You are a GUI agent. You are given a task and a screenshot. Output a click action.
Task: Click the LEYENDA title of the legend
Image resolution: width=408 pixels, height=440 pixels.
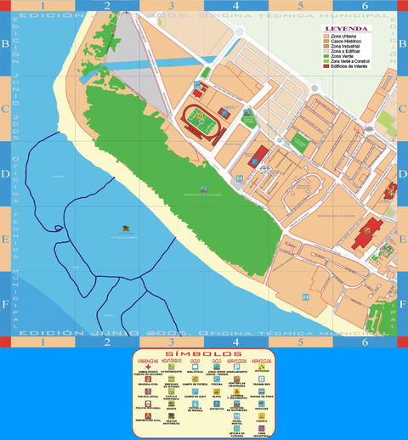[x=346, y=28]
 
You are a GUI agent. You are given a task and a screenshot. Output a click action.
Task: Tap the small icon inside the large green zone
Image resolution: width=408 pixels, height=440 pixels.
[x=201, y=189]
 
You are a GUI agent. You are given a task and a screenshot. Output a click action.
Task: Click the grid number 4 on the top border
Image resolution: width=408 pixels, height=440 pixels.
[x=235, y=5]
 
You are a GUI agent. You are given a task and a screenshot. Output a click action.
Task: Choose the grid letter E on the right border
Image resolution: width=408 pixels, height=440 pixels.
[x=402, y=239]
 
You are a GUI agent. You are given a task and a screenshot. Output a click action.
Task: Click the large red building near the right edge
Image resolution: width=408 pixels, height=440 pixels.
[x=367, y=232]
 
